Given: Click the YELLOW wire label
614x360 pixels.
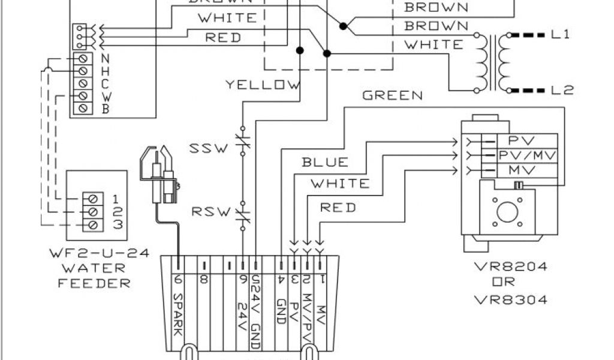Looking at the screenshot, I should [x=262, y=85].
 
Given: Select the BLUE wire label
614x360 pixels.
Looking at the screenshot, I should [x=324, y=162].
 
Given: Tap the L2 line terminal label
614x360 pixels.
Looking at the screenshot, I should [x=562, y=91].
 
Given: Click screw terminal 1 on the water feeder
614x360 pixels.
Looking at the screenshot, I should [x=92, y=197].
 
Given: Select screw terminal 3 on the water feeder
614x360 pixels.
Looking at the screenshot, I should [x=92, y=224].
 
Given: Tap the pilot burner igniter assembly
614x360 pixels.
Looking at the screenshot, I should [x=161, y=175].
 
